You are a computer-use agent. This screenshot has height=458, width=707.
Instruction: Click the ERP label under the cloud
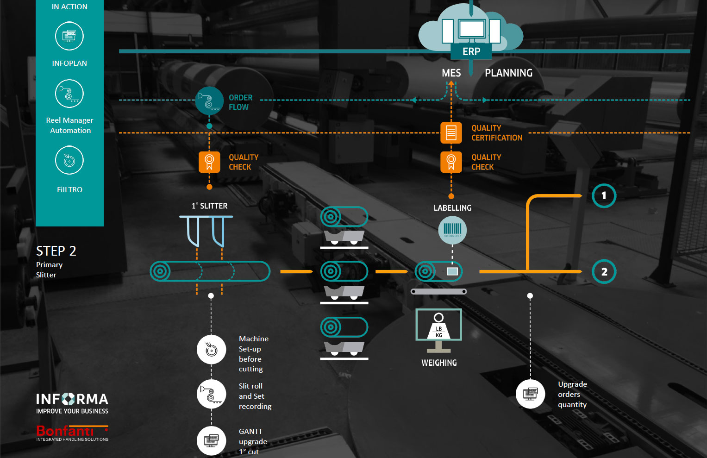pyautogui.click(x=471, y=51)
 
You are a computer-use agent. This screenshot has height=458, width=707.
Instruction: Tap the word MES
pyautogui.click(x=451, y=73)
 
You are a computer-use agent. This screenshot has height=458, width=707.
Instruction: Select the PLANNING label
pyautogui.click(x=508, y=73)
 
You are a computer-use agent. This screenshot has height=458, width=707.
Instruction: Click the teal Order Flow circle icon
pyautogui.click(x=209, y=100)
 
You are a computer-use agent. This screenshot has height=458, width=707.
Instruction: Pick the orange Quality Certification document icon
pyautogui.click(x=451, y=133)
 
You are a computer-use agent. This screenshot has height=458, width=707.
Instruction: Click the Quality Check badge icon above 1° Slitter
pyautogui.click(x=209, y=162)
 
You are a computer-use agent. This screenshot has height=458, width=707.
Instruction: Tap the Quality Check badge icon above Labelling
pyautogui.click(x=451, y=162)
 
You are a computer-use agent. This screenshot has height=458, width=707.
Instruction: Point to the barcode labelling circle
pyautogui.click(x=452, y=230)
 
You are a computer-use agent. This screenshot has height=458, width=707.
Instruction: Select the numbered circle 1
pyautogui.click(x=604, y=195)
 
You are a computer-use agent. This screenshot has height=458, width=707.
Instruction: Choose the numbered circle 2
pyautogui.click(x=604, y=272)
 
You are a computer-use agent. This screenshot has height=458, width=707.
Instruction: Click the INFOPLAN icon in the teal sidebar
pyautogui.click(x=69, y=36)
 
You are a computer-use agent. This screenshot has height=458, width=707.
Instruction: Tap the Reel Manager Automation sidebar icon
pyautogui.click(x=69, y=94)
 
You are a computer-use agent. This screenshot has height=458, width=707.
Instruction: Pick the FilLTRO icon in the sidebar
pyautogui.click(x=69, y=160)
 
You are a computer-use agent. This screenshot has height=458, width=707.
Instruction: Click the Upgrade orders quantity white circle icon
pyautogui.click(x=530, y=394)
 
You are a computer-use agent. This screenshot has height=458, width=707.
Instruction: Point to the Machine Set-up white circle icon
pyautogui.click(x=212, y=349)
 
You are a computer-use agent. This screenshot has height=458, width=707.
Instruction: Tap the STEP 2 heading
pyautogui.click(x=56, y=251)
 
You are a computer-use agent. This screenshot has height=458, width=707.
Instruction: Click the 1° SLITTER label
pyautogui.click(x=209, y=206)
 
